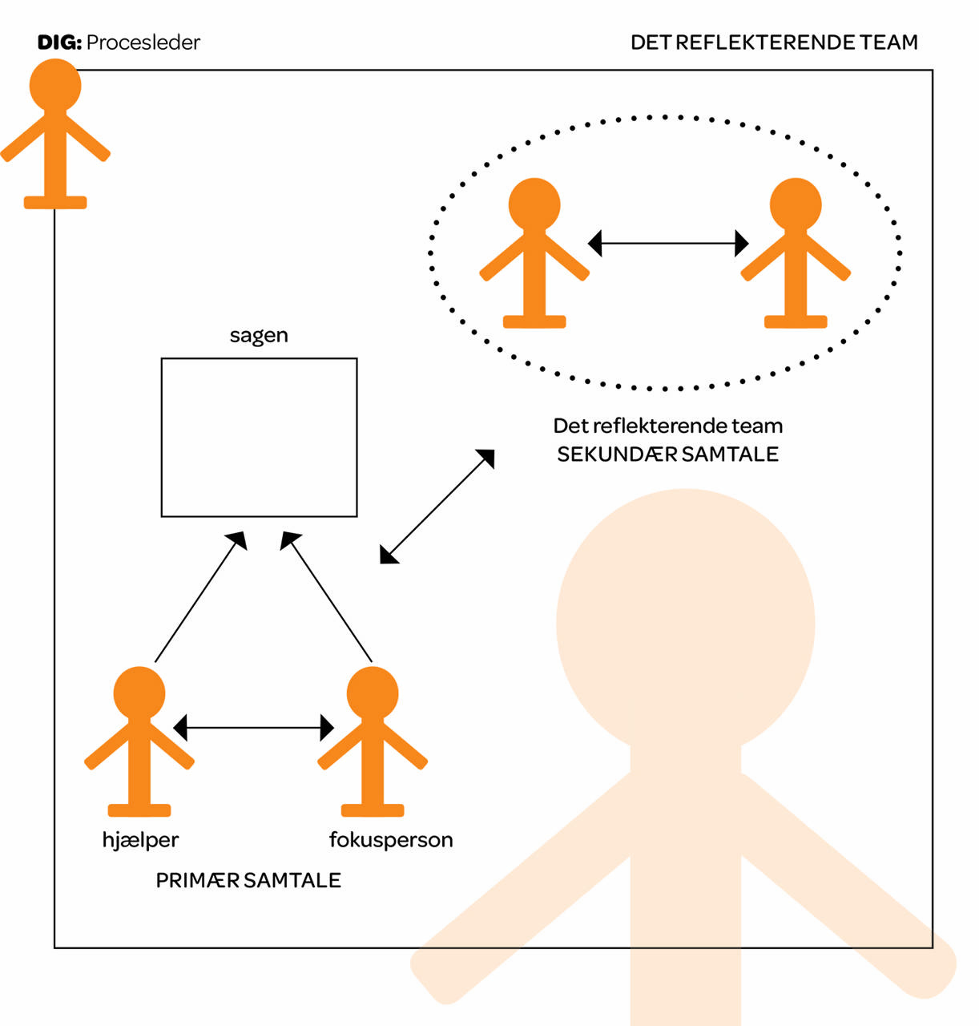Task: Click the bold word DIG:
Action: click(x=59, y=42)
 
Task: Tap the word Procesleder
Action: click(x=143, y=42)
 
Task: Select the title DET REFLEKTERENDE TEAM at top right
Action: click(x=774, y=42)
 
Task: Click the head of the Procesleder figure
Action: click(x=55, y=85)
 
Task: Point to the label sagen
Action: click(x=259, y=335)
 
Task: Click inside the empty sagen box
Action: click(x=259, y=437)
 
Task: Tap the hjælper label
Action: click(x=140, y=840)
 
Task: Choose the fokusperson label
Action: click(x=391, y=840)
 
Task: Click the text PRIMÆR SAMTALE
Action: click(x=248, y=880)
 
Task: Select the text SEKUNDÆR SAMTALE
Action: click(x=667, y=454)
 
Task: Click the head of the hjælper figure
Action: click(x=139, y=693)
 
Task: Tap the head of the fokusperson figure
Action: click(x=373, y=693)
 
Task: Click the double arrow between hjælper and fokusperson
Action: click(x=253, y=728)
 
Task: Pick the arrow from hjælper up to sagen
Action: click(x=200, y=596)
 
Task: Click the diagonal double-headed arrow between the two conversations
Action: click(x=437, y=507)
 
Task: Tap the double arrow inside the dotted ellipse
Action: click(x=668, y=243)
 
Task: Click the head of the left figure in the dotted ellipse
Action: click(x=534, y=204)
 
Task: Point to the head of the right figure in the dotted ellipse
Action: click(x=796, y=204)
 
